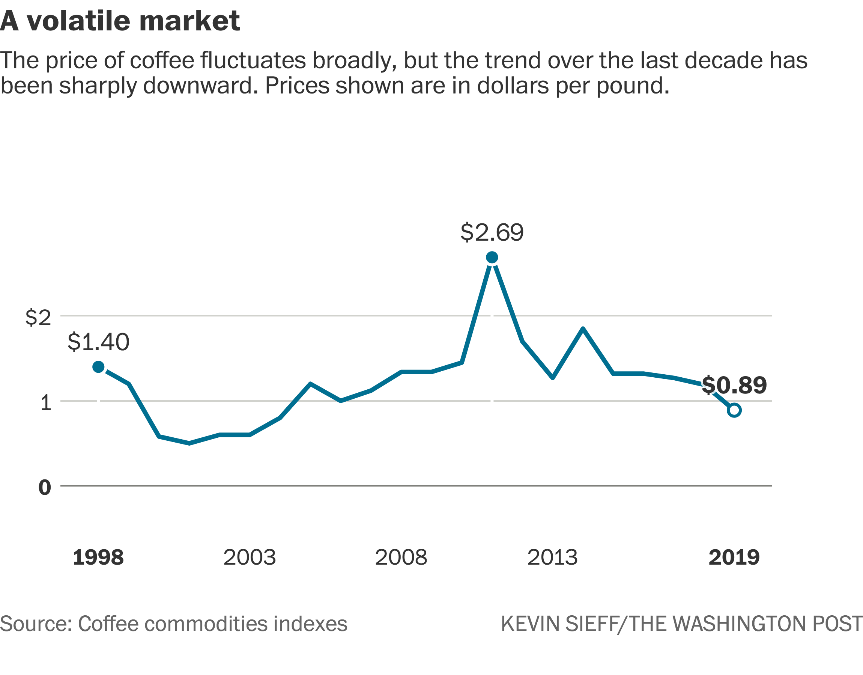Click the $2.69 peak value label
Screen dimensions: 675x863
coord(492,232)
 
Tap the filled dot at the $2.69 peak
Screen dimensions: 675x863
coord(492,258)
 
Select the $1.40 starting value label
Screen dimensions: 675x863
coord(98,342)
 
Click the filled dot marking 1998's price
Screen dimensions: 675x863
coord(98,367)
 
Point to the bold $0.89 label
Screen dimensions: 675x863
coord(734,385)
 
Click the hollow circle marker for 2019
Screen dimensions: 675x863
coord(734,410)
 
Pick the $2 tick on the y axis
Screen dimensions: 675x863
coord(38,318)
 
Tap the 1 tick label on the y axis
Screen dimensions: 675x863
coord(46,403)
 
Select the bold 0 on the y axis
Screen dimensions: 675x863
coord(45,488)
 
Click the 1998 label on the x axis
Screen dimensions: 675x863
coord(98,557)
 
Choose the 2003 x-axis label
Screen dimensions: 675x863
coord(250,557)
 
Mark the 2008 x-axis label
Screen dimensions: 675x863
coord(401,557)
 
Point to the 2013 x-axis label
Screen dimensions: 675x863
coord(552,557)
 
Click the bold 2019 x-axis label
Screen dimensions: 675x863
coord(734,557)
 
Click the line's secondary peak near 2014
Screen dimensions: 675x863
coord(583,329)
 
